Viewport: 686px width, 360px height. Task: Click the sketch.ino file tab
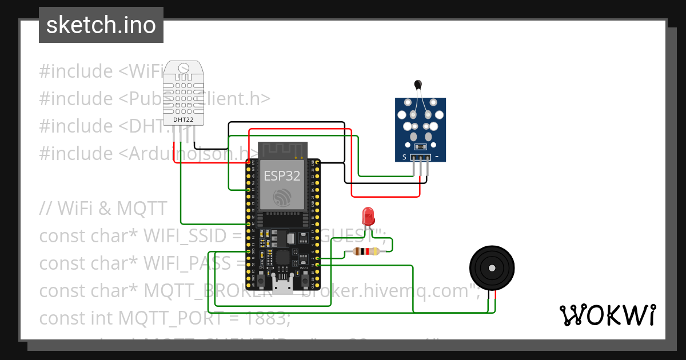[x=101, y=25]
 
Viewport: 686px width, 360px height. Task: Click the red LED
[x=368, y=217]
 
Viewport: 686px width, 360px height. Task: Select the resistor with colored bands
[x=366, y=251]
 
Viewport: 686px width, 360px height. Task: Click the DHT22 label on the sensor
[x=183, y=120]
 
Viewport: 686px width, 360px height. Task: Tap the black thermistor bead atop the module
[x=417, y=85]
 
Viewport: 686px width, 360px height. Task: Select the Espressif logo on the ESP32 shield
[x=282, y=197]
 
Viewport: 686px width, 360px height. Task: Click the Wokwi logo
[x=607, y=315]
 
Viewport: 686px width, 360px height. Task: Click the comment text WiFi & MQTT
[x=103, y=209]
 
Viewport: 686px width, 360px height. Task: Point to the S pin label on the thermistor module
[x=404, y=156]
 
